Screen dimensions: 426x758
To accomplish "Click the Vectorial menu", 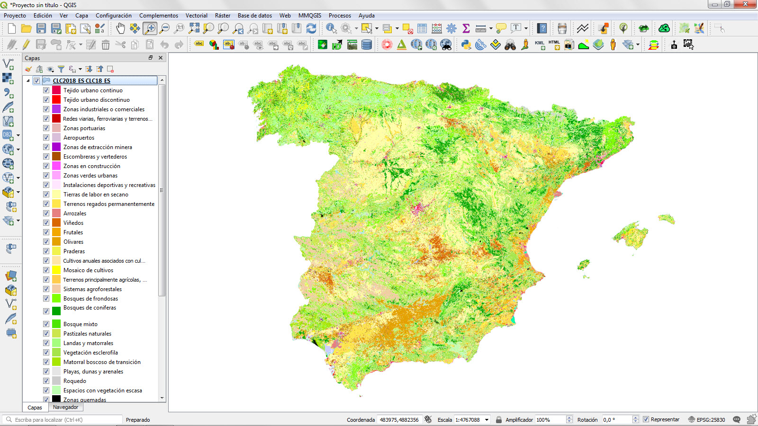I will (x=196, y=16).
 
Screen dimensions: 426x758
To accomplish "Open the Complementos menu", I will (x=158, y=16).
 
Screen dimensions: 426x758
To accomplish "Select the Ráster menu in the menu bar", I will (x=222, y=16).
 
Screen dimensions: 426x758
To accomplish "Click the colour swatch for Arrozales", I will (x=56, y=213).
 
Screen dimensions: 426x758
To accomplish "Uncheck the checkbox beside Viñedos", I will (x=46, y=223).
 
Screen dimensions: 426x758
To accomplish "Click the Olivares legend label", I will (x=73, y=242).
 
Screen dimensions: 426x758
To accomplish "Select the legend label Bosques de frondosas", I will (x=90, y=299).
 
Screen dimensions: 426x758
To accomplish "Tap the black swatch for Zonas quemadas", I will (x=56, y=399).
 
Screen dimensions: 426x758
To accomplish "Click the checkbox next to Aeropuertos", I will (x=46, y=138).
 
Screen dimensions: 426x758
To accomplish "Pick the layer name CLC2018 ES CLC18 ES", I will (x=81, y=81).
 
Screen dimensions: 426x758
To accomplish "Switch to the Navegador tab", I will (x=65, y=407).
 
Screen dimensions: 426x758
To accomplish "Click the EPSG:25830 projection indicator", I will (x=706, y=420).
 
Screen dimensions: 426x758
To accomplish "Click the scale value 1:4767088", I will (x=468, y=420).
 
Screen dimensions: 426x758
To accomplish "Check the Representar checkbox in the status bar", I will (x=646, y=419).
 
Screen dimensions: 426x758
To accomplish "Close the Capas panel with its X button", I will (x=161, y=58).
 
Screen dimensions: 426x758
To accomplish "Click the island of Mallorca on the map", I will (x=631, y=234).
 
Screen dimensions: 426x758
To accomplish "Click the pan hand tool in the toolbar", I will (x=120, y=28).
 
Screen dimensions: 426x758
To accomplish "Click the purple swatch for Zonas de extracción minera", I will (x=56, y=147).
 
